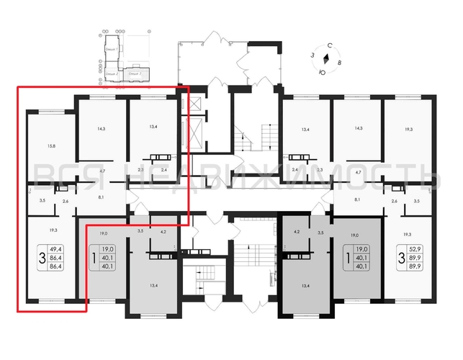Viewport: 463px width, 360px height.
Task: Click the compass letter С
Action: [329, 45]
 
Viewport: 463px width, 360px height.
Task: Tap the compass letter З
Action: [312, 55]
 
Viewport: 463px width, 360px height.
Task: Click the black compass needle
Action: [325, 59]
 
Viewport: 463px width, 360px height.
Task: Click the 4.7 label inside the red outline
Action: [102, 171]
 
